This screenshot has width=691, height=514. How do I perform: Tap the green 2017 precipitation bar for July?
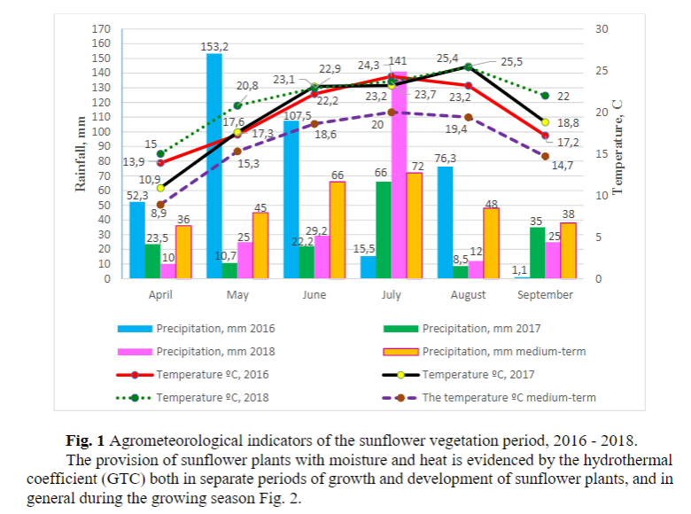point(384,230)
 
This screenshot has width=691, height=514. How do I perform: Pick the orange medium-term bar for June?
point(338,230)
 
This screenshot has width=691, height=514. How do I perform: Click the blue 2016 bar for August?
point(445,222)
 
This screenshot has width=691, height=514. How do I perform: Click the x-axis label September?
point(546,294)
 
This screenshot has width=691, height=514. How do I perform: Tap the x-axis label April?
point(160,294)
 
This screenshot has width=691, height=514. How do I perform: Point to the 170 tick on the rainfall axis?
point(101,29)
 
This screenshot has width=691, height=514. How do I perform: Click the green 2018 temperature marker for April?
point(160,153)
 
